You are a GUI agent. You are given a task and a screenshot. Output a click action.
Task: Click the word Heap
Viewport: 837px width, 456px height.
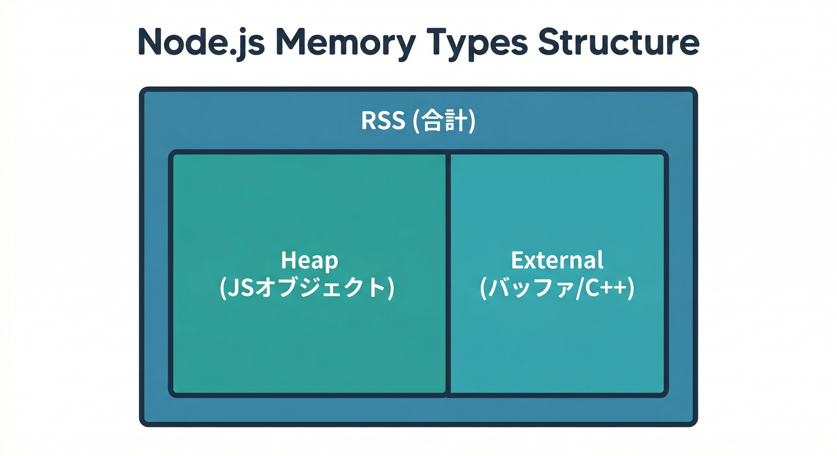coord(309,261)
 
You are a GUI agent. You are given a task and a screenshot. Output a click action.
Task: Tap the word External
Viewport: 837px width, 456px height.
coord(557,261)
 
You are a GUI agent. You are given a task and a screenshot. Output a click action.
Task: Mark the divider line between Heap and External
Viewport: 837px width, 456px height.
coord(448,273)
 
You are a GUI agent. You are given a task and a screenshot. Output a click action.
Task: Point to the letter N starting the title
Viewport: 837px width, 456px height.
coord(152,42)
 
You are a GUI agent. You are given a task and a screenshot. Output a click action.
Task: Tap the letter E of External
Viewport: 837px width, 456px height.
coord(517,261)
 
